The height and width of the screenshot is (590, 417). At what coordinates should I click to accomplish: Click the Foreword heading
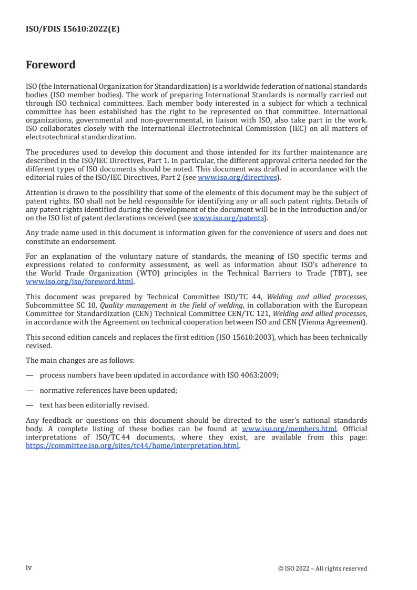coord(50,65)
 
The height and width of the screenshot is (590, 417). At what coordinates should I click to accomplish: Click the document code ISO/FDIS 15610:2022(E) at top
coord(73,29)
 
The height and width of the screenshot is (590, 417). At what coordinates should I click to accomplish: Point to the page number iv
coord(29,567)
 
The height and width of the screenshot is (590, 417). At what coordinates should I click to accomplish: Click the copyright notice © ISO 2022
coord(322,568)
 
